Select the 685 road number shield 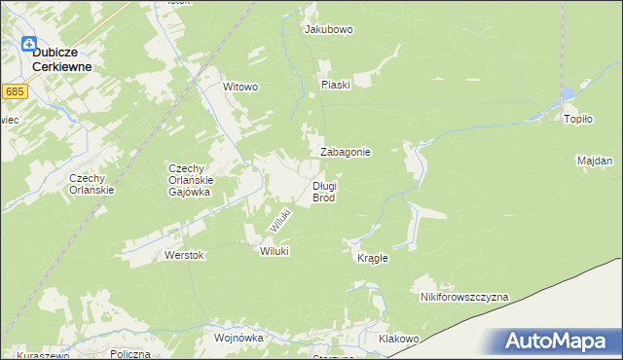click(x=14, y=91)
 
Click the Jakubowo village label click(x=328, y=29)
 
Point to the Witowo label click(x=240, y=87)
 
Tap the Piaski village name click(x=335, y=85)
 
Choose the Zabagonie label click(x=345, y=153)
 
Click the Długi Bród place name click(x=324, y=191)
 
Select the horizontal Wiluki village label click(x=275, y=250)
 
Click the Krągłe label click(x=372, y=258)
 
